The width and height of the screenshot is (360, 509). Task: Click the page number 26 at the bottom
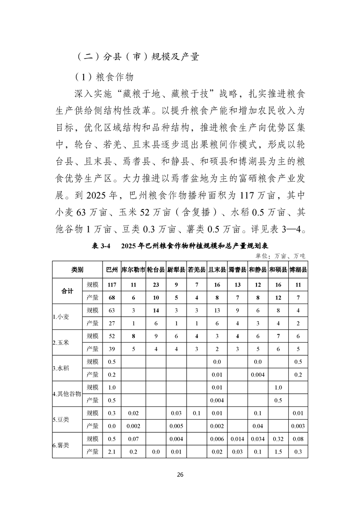coord(180,475)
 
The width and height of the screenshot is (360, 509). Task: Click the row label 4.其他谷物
coord(66,394)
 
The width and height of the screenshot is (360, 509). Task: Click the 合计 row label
coord(67,291)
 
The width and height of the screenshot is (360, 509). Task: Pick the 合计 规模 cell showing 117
coord(110,284)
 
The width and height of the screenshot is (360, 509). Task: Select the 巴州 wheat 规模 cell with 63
coord(110,310)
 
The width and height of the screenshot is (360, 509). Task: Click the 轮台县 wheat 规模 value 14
coord(156,310)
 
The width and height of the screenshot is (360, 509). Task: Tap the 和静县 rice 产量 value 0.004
coord(257,375)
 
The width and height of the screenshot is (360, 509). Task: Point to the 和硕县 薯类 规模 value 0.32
coord(278,439)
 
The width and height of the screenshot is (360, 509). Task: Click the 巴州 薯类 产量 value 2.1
coord(110,452)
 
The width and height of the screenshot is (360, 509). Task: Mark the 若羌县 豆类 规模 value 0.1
coord(197,413)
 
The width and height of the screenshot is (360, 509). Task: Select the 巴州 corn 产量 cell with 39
coord(110,349)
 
